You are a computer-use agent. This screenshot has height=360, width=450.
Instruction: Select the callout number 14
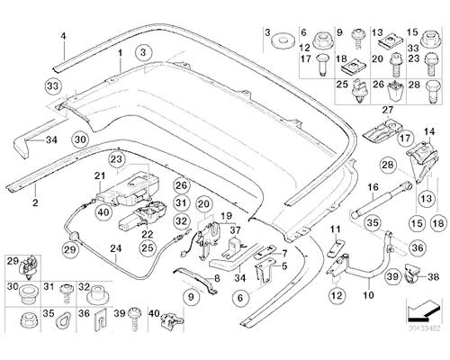tap(429, 132)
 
